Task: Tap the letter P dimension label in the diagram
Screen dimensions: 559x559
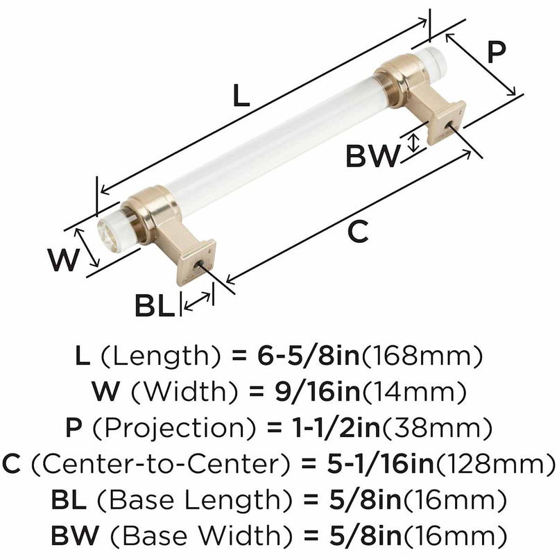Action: (495, 53)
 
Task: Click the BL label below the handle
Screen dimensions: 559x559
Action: (155, 306)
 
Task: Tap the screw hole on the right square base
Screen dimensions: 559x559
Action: (450, 126)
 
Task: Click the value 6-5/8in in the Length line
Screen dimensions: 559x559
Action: (300, 357)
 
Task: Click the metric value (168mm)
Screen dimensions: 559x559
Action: (422, 357)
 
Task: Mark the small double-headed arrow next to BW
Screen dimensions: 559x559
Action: (414, 143)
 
